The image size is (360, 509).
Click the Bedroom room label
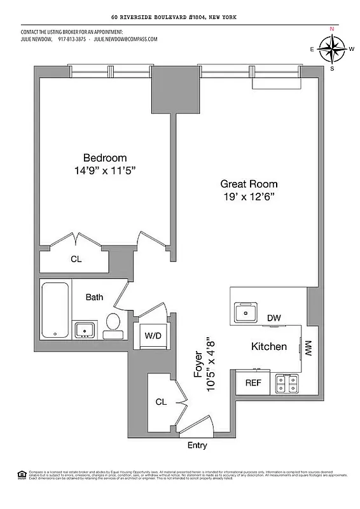coord(105,158)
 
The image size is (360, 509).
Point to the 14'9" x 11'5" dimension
coord(105,171)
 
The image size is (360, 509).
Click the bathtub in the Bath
coord(56,310)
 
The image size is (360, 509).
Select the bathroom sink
coord(85,329)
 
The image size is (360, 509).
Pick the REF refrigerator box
coord(253,383)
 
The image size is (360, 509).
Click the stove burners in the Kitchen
coord(287,383)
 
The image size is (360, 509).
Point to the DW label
coord(274,317)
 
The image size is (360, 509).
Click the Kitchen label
coord(268,347)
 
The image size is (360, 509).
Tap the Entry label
coord(197,445)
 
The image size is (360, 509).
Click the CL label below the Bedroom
coord(76,259)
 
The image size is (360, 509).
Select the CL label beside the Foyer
coord(161,401)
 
